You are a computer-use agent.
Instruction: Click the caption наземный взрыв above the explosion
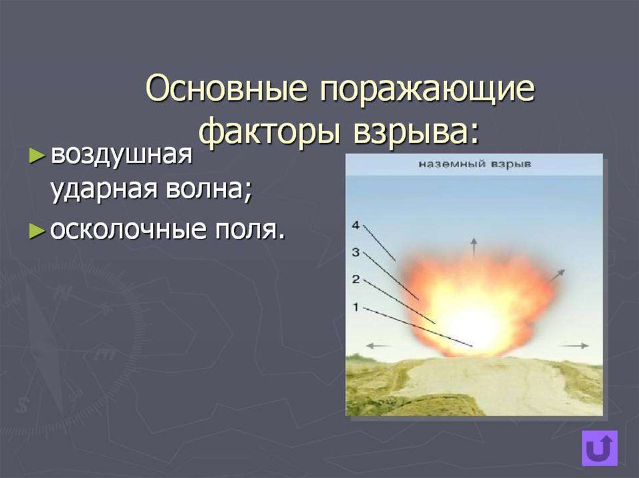tap(475, 165)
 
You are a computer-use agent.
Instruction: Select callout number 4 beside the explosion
tap(356, 225)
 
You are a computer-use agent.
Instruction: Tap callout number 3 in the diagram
tap(356, 252)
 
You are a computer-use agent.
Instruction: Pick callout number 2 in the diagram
tap(356, 279)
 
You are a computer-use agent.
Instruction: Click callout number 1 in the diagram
tap(356, 307)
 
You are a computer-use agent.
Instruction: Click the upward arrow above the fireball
tap(474, 247)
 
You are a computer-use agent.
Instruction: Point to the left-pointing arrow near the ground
tap(378, 346)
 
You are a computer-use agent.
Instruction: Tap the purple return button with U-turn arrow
tap(600, 448)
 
